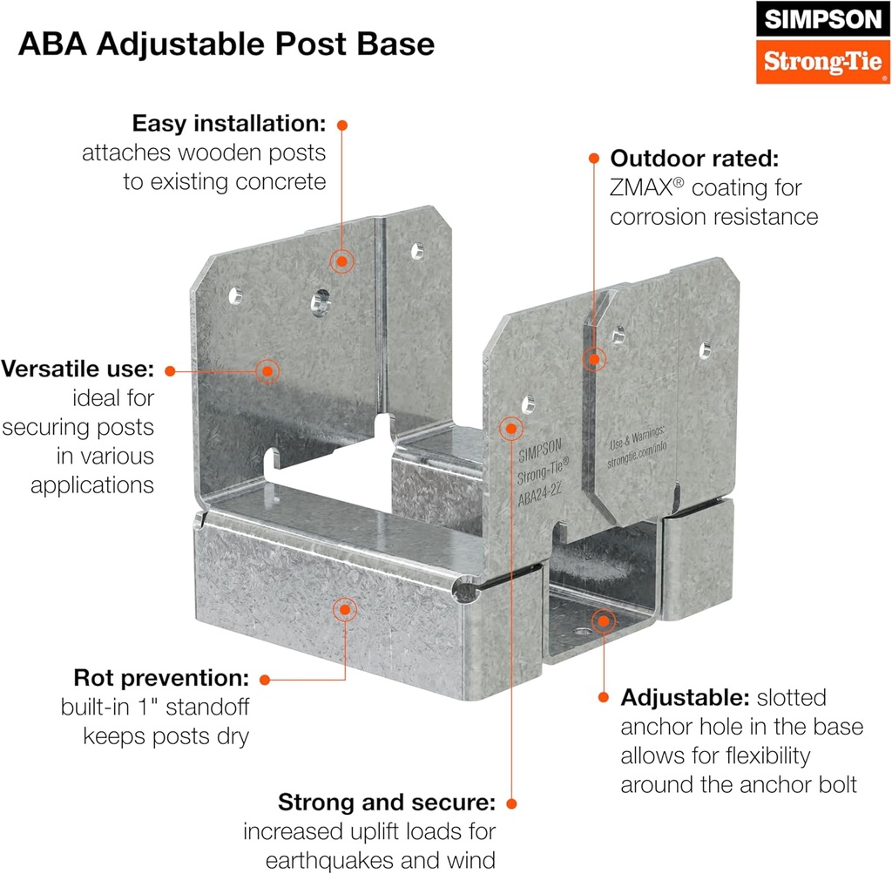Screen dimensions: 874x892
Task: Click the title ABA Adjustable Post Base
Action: point(226,44)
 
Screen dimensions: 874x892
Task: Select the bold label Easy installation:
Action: point(229,123)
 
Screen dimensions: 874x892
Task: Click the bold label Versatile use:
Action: point(78,369)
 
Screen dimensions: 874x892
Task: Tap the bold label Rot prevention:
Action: point(162,677)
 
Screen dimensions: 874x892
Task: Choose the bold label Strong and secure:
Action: point(387,802)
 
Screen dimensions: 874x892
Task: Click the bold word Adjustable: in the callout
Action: point(684,697)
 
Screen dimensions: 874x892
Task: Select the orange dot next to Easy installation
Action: point(342,125)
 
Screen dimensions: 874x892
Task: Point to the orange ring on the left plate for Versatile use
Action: point(267,370)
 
